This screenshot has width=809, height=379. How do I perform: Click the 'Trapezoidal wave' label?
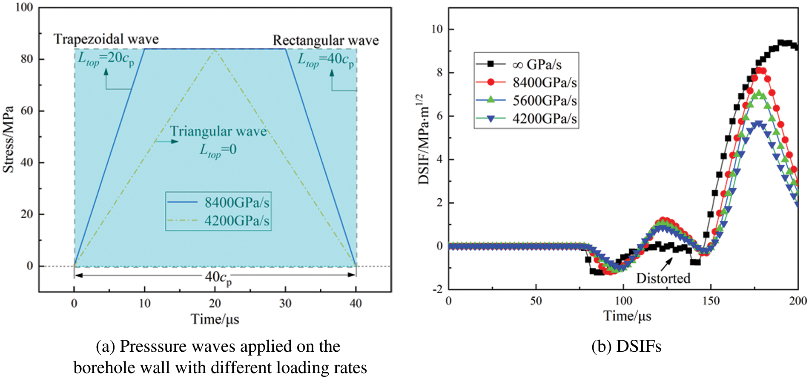click(x=106, y=39)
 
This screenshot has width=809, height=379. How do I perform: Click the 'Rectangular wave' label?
click(x=326, y=41)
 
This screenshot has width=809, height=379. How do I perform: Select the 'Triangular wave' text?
click(x=218, y=131)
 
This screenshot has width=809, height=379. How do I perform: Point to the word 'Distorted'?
click(x=663, y=278)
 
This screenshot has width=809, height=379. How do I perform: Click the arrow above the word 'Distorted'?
click(x=666, y=264)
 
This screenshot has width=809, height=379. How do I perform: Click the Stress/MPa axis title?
click(x=9, y=139)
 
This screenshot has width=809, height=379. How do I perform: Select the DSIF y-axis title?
click(x=424, y=139)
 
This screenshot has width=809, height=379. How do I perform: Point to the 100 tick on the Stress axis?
click(x=24, y=8)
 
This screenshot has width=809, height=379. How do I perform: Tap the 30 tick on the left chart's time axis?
click(x=285, y=304)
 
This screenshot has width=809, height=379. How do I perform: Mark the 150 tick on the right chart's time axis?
click(x=710, y=301)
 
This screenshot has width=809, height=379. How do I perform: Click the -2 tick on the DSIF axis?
click(x=438, y=289)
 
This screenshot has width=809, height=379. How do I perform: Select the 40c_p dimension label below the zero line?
click(x=218, y=278)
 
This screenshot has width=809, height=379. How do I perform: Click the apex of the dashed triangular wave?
click(x=215, y=50)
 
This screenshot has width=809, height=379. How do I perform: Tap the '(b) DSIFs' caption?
click(x=626, y=347)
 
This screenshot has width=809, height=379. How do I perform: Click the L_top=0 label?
click(x=218, y=150)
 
